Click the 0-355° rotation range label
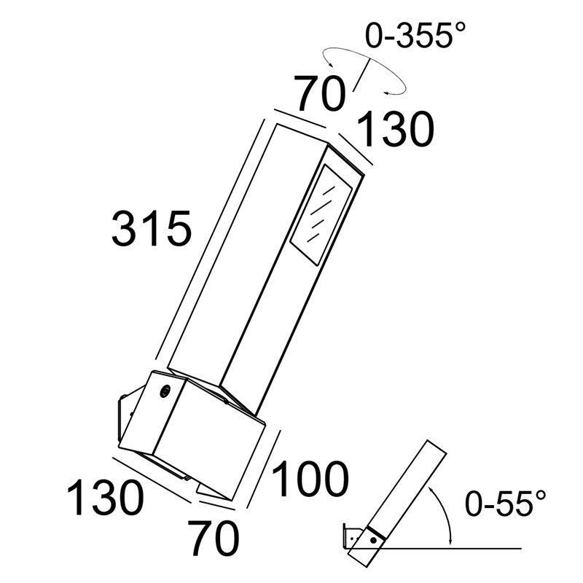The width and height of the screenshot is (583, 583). point(415,35)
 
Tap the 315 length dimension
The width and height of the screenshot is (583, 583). point(152,228)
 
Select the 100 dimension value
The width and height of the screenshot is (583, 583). point(310,479)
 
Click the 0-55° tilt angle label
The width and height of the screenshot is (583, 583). point(506,503)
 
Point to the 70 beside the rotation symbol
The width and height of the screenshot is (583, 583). point(319,93)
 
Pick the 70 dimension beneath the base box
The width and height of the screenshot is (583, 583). point(213,537)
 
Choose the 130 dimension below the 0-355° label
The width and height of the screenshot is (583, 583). point(396,129)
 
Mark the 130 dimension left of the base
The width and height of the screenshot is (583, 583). point(105,497)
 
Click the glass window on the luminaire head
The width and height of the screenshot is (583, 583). point(321,214)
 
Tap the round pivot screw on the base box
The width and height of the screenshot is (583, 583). point(164,391)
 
